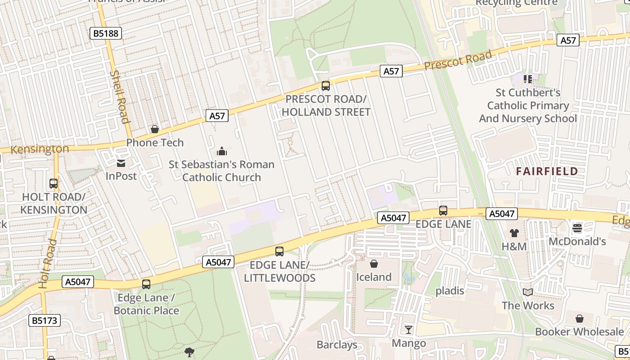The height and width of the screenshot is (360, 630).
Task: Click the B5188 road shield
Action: pyautogui.click(x=106, y=33)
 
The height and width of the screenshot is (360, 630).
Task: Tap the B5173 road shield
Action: pyautogui.click(x=45, y=320)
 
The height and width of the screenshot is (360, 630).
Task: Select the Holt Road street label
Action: pyautogui.click(x=48, y=264)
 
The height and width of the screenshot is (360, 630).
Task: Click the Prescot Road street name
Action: pyautogui.click(x=458, y=60)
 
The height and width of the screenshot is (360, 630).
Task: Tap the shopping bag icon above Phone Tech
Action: pyautogui.click(x=155, y=130)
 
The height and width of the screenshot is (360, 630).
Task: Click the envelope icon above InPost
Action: pyautogui.click(x=121, y=163)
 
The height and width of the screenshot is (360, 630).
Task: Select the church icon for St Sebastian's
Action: pyautogui.click(x=221, y=151)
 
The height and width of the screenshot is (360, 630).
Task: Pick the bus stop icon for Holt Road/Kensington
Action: pyautogui.click(x=54, y=184)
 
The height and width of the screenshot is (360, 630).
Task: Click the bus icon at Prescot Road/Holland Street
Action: pyautogui.click(x=326, y=85)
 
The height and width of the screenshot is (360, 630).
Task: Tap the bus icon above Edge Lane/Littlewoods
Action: pyautogui.click(x=279, y=252)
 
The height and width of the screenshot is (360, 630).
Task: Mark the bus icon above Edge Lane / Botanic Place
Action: pyautogui.click(x=146, y=284)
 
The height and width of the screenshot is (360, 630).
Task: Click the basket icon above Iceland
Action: pyautogui.click(x=373, y=264)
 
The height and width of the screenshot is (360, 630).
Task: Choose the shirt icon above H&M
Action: pyautogui.click(x=514, y=233)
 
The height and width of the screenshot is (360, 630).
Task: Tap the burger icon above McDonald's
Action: pyautogui.click(x=577, y=228)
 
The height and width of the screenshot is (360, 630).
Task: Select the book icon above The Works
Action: pyautogui.click(x=528, y=292)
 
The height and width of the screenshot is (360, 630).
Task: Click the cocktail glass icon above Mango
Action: pyautogui.click(x=408, y=330)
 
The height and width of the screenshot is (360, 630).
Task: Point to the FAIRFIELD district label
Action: pyautogui.click(x=547, y=171)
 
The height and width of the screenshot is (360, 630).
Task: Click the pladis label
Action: pyautogui.click(x=450, y=291)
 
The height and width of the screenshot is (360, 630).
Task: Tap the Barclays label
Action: pyautogui.click(x=337, y=345)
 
